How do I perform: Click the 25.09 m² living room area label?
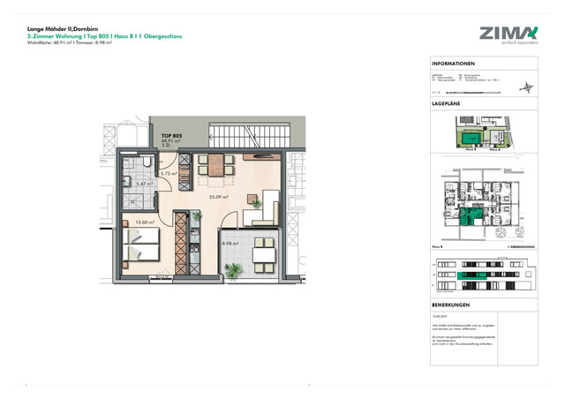(x=218, y=197)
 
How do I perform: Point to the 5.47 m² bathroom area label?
(x=145, y=183)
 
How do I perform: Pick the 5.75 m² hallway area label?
(x=169, y=174)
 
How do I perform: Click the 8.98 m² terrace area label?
(x=231, y=244)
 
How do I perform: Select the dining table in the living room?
(x=215, y=164)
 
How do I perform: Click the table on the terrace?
(x=263, y=254)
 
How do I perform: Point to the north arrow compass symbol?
(x=528, y=87)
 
